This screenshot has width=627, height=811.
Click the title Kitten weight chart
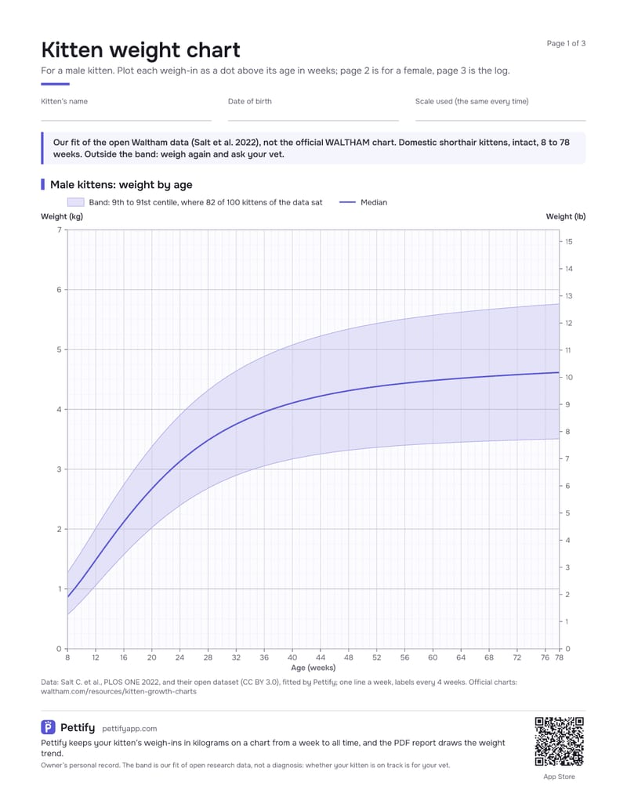(141, 50)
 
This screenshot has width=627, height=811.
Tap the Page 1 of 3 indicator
(566, 43)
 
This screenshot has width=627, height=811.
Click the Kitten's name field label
(64, 101)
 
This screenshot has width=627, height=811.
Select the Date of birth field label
(250, 101)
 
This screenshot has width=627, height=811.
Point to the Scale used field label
(472, 101)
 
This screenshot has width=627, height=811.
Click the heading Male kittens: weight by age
(121, 185)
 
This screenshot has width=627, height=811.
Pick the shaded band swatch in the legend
(75, 202)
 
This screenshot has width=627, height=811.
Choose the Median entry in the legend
(363, 202)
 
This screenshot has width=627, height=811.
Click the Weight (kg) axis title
(62, 217)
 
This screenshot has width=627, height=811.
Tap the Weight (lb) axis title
(565, 217)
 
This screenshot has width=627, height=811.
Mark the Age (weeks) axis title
(313, 668)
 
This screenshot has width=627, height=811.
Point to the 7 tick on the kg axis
(60, 230)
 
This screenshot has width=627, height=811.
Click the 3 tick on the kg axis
(60, 469)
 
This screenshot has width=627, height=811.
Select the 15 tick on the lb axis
(568, 241)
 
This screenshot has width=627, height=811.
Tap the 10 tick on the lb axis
(568, 378)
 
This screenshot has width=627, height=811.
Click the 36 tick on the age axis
(264, 657)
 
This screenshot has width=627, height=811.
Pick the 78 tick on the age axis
(560, 657)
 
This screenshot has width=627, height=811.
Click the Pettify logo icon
(48, 727)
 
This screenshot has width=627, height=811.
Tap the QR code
(560, 742)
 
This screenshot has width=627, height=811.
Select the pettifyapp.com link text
(129, 728)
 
